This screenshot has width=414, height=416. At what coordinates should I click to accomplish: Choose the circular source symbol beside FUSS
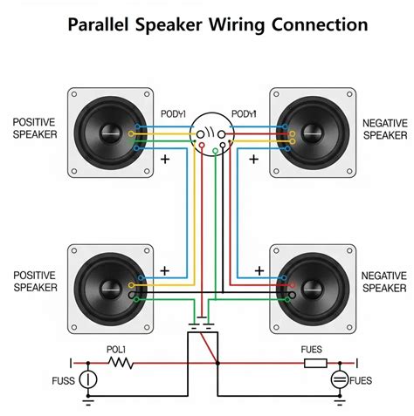[86, 380]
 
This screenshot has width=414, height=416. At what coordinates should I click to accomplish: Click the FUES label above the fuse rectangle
[312, 349]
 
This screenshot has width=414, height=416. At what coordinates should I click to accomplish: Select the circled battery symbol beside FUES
[338, 380]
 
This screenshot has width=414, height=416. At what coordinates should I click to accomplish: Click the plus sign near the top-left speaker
[165, 160]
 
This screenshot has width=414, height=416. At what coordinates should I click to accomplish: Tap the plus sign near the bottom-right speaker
[259, 269]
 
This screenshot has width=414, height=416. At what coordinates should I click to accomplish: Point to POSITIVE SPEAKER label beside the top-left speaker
[35, 128]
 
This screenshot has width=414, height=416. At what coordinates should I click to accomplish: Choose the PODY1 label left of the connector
[171, 114]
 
